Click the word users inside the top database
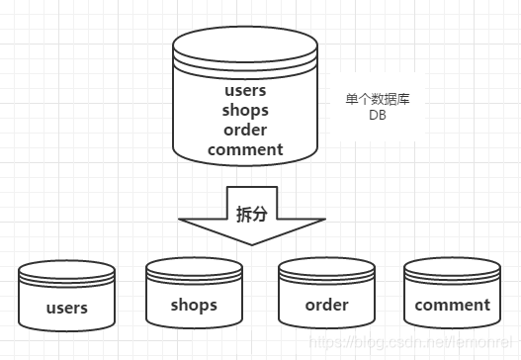245,91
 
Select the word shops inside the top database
245,110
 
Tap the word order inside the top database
245,130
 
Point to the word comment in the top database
245,149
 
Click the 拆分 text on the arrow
252,215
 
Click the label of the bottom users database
67,308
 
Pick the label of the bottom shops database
194,305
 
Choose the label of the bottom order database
326,305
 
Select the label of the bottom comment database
452,305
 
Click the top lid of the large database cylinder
245,45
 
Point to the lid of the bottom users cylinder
67,270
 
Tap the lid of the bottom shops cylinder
194,267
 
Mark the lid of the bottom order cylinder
326,267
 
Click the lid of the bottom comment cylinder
452,267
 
